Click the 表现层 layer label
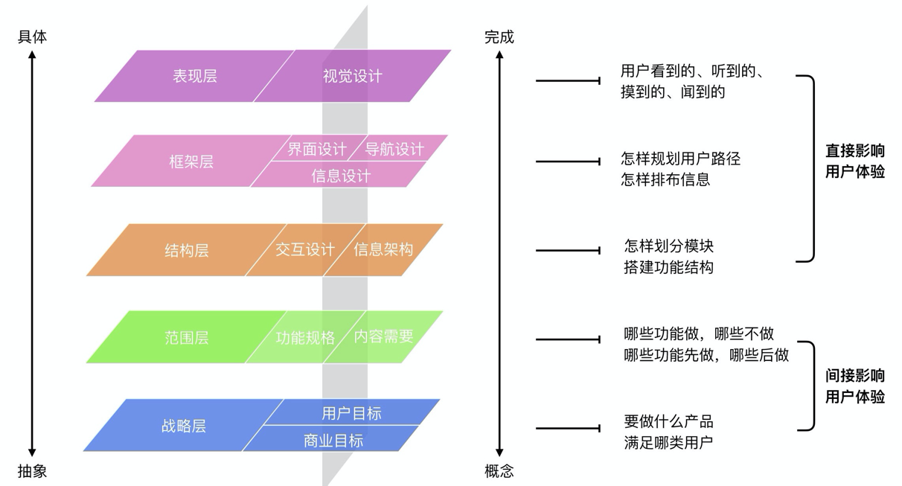(x=195, y=76)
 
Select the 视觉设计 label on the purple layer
(x=352, y=76)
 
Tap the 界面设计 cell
(x=317, y=149)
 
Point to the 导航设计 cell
(x=394, y=149)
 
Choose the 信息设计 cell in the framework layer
(x=340, y=176)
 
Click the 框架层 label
(x=191, y=162)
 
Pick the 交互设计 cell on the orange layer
(x=305, y=250)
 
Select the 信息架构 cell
(x=383, y=250)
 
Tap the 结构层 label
(x=187, y=250)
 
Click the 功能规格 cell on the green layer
(x=305, y=337)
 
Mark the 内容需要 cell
(x=383, y=336)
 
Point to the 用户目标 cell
(x=351, y=413)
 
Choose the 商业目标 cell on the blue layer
(x=333, y=440)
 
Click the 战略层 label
(x=184, y=426)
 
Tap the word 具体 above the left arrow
(x=32, y=37)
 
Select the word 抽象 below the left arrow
(x=32, y=471)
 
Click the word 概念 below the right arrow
(x=499, y=471)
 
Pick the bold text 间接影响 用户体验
(x=855, y=386)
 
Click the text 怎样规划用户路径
(x=681, y=159)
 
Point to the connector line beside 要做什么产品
(x=568, y=428)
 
